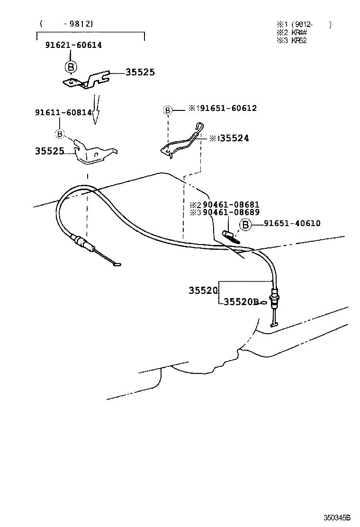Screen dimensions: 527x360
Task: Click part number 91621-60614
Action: pos(73,45)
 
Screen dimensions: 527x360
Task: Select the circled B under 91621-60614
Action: pos(70,66)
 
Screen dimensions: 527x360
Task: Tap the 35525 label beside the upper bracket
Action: pos(140,73)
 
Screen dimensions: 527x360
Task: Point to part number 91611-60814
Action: pos(63,112)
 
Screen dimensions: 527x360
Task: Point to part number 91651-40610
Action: pos(292,223)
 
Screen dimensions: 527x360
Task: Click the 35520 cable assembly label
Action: pos(203,291)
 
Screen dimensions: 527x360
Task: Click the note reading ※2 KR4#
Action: pos(292,32)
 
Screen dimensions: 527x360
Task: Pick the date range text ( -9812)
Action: pos(66,23)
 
